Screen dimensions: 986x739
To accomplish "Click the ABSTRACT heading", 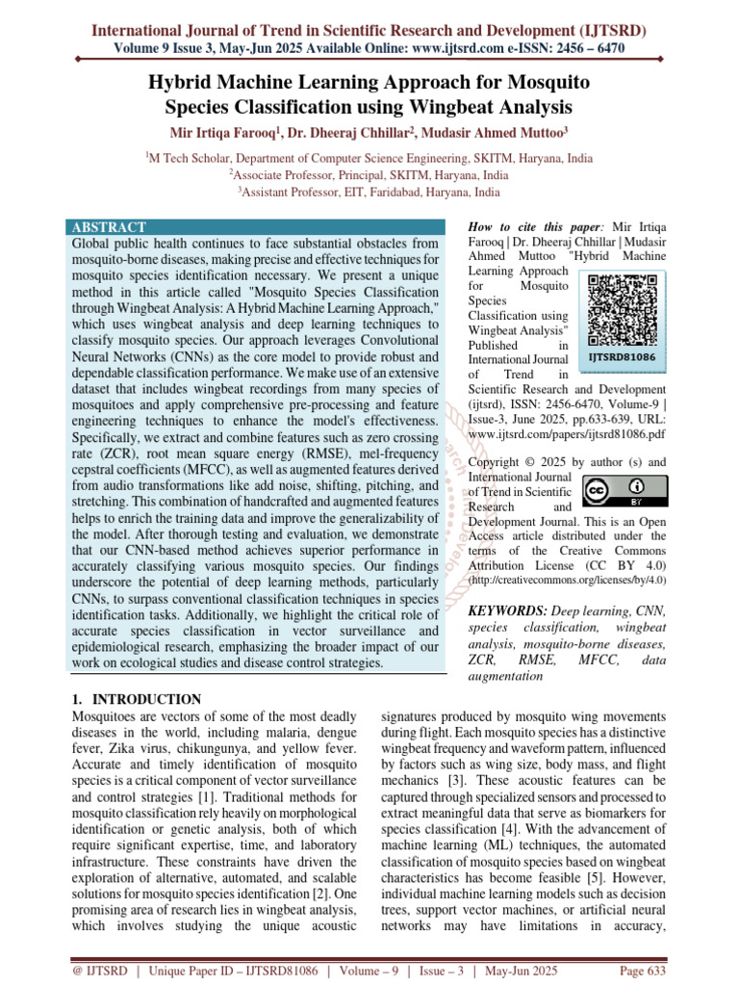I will pos(109,227).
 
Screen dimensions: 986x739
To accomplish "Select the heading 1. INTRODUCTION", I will pos(138,700).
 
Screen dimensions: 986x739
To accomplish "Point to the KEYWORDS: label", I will pos(507,611).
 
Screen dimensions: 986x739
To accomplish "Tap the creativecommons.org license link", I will pos(567,581).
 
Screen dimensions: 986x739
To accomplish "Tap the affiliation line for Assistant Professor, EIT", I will pos(369,192).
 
